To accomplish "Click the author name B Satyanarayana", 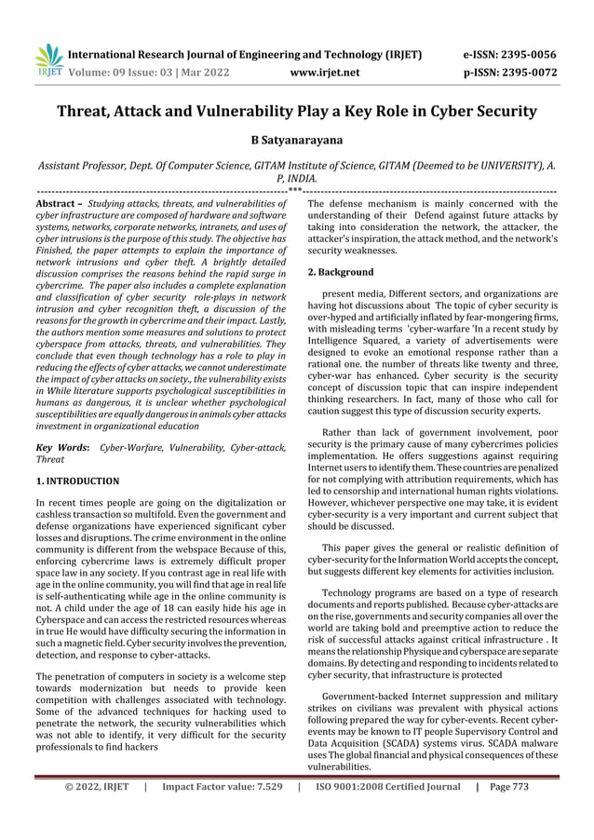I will point(296,141).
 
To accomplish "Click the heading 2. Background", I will point(341,273).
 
